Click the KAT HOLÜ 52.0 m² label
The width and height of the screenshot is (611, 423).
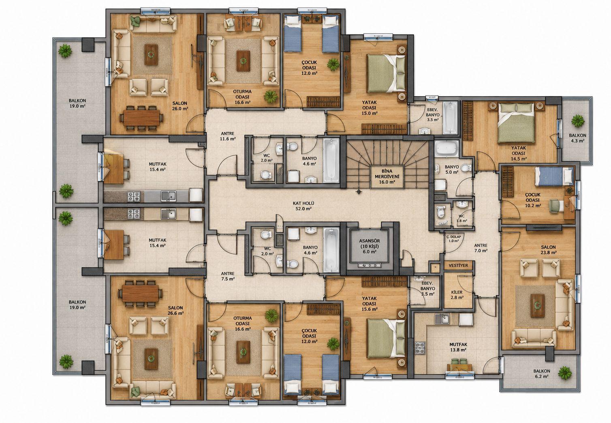click(303, 206)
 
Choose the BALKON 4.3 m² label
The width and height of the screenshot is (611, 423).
click(577, 138)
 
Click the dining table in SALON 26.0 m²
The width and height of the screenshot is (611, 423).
click(141, 118)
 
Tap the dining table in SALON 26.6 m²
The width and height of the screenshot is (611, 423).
click(141, 293)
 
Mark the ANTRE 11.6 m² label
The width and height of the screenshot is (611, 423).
click(227, 136)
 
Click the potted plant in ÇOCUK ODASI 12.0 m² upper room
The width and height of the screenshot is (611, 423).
click(333, 64)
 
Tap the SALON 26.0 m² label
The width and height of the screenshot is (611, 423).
click(180, 106)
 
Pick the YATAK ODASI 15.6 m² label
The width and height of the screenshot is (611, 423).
click(370, 304)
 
